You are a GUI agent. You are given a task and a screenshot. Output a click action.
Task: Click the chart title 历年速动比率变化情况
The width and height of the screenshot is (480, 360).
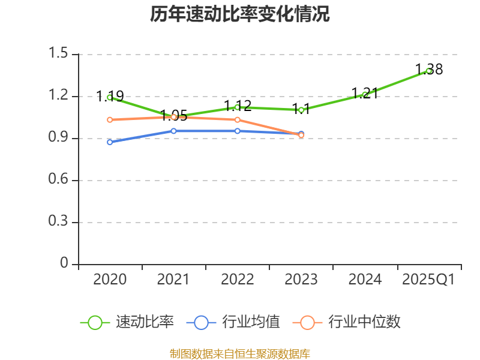tap(240, 14)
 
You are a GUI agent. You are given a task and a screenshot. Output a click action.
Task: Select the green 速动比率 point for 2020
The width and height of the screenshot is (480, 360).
tap(110, 97)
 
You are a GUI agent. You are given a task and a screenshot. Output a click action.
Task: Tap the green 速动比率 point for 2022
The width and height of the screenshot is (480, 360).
tap(237, 107)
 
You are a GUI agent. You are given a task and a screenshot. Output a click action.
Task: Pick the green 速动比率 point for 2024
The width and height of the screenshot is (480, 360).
tap(365, 95)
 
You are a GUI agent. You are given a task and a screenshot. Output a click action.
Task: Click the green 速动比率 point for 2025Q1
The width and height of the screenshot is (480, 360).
tap(428, 71)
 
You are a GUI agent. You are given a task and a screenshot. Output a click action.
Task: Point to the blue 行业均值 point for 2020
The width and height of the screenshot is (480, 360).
tap(110, 142)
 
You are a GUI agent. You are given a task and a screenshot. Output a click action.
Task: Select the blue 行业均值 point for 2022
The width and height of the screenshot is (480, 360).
tap(237, 131)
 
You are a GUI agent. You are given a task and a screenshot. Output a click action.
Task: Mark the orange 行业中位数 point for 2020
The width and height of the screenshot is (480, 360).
tap(110, 120)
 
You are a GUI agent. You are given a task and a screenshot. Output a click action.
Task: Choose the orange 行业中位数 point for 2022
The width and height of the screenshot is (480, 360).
tap(237, 120)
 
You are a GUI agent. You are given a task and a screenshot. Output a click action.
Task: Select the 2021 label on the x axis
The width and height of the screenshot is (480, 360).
tap(173, 280)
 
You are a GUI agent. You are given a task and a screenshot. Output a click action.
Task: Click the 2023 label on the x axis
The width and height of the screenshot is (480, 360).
tap(301, 280)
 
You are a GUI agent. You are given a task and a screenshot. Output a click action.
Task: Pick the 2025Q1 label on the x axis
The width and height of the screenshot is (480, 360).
tap(428, 280)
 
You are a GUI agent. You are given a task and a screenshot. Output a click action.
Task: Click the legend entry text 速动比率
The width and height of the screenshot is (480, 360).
tap(145, 322)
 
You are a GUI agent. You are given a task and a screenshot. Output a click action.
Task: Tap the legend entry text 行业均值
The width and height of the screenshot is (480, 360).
tap(251, 322)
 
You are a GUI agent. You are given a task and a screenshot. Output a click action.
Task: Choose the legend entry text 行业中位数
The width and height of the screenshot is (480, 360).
tap(364, 322)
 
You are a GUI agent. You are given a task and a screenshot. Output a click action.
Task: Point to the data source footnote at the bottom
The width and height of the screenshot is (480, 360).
tap(240, 353)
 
